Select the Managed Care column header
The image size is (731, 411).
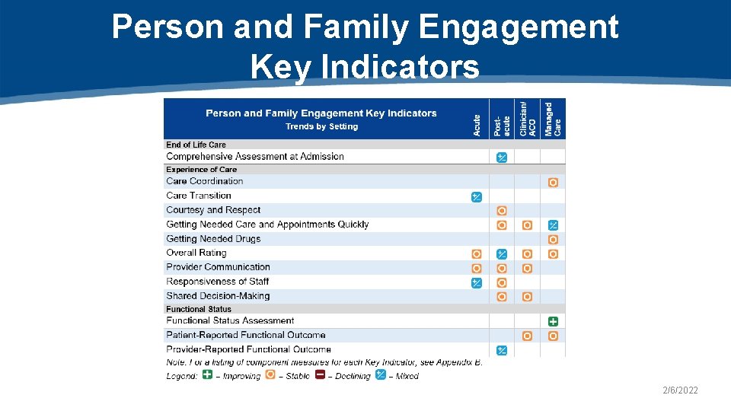pos(553,119)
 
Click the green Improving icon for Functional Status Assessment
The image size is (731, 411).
pos(553,321)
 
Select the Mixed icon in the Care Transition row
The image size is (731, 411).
pos(476,197)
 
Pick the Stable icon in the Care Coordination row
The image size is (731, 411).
pos(553,183)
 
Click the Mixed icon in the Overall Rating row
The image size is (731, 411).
pos(502,254)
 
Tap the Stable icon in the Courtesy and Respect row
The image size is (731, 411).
pos(502,211)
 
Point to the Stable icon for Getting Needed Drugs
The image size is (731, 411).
pos(553,240)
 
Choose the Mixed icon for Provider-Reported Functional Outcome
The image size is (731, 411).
pos(502,350)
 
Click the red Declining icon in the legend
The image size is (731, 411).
pos(321,374)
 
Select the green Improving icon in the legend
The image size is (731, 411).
pos(207,374)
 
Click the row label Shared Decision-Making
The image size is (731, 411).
pos(218,296)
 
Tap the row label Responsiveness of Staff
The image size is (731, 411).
pos(218,282)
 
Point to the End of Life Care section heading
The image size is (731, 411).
pos(196,145)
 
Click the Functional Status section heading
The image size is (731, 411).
pos(198,309)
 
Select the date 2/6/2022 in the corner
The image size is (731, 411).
pos(679,390)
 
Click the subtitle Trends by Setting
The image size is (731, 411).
pos(321,126)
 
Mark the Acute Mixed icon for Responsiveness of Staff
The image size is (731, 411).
pos(476,282)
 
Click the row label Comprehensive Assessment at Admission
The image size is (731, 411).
pos(255,157)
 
